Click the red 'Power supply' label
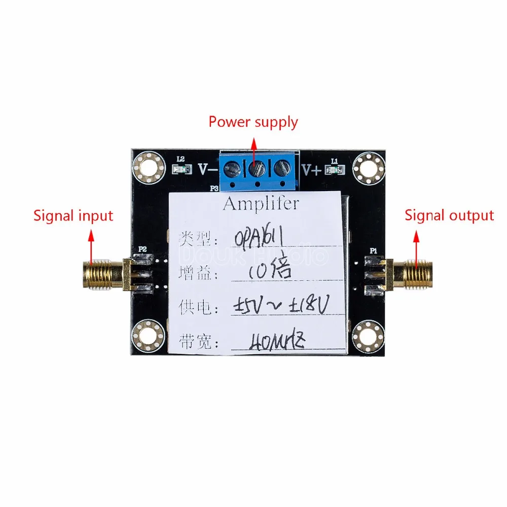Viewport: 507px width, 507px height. coord(253,122)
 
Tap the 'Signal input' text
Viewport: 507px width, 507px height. coord(73,215)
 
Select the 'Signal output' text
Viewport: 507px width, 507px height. coord(449,215)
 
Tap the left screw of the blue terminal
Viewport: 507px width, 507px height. coord(234,167)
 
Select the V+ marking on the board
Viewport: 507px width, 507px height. coord(312,170)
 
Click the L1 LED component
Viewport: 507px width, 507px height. coord(334,170)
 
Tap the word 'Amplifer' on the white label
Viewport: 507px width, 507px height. coord(261,204)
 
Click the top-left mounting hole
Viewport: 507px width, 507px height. coord(149,167)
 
